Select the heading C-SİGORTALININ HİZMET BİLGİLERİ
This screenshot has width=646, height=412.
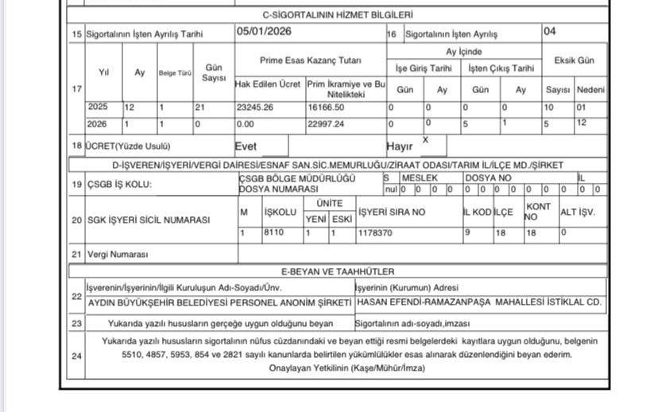click(338, 14)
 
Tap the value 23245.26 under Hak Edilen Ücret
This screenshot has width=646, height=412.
click(255, 107)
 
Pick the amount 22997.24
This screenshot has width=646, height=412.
click(327, 124)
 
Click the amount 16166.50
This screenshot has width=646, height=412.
click(327, 107)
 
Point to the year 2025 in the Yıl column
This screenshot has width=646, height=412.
click(98, 107)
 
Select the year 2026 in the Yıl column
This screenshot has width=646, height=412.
click(98, 124)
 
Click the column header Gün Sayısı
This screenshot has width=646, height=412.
click(214, 73)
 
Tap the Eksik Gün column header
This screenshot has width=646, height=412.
click(574, 60)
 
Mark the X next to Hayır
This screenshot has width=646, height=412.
click(426, 139)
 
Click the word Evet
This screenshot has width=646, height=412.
click(246, 146)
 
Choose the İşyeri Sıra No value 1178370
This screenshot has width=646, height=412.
click(375, 234)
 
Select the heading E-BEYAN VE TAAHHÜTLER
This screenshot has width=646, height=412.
click(338, 272)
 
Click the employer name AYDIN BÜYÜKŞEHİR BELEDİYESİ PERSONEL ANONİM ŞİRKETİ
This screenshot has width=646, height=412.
click(219, 303)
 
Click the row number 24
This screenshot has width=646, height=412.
click(76, 355)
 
